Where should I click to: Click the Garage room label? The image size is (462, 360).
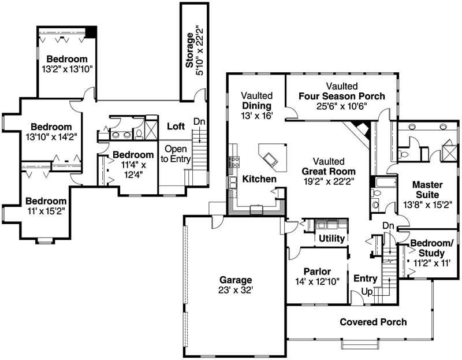click(x=235, y=277)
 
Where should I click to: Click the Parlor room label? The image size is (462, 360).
click(x=316, y=271)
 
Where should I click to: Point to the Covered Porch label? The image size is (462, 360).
click(x=372, y=322)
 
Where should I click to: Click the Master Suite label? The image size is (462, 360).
click(x=428, y=190)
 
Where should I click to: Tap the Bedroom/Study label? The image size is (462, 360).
click(x=431, y=248)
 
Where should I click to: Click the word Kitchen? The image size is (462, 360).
click(x=259, y=180)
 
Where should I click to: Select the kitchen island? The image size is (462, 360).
click(x=271, y=157)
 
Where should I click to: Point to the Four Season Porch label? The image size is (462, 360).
click(x=341, y=96)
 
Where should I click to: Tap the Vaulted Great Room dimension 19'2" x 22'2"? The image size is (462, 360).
click(x=329, y=181)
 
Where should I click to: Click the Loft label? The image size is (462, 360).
click(x=176, y=126)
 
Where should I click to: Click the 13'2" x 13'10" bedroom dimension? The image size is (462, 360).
click(x=66, y=69)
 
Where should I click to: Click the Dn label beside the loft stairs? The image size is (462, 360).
click(x=199, y=122)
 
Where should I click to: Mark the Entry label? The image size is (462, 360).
click(x=365, y=279)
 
